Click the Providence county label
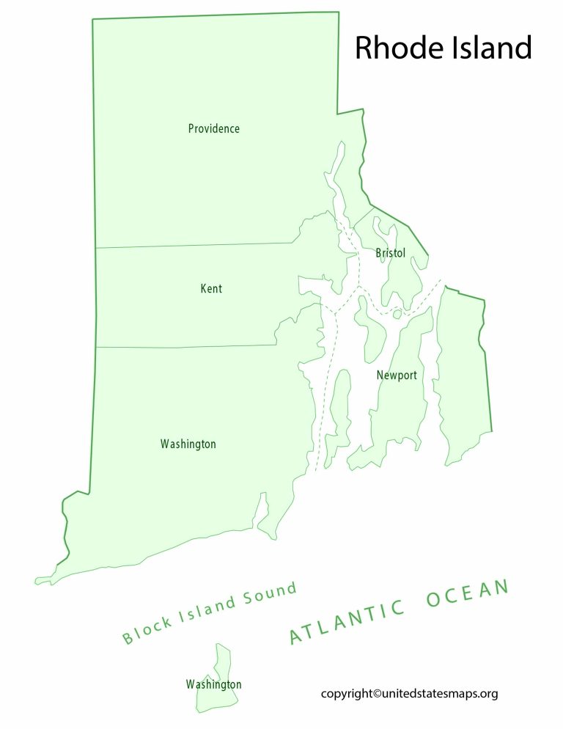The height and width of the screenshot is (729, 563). [x=213, y=129]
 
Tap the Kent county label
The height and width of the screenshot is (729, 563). [x=211, y=289]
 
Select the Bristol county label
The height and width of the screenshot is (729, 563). [x=390, y=253]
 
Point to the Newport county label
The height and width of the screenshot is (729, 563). [x=397, y=376]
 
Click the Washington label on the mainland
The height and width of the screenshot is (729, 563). [x=188, y=444]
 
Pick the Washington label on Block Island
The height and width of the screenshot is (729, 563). [x=213, y=684]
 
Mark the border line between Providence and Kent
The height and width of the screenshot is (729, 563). [x=194, y=246]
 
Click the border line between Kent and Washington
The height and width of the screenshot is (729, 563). [x=187, y=347]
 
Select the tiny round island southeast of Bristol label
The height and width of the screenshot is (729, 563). [x=397, y=315]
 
